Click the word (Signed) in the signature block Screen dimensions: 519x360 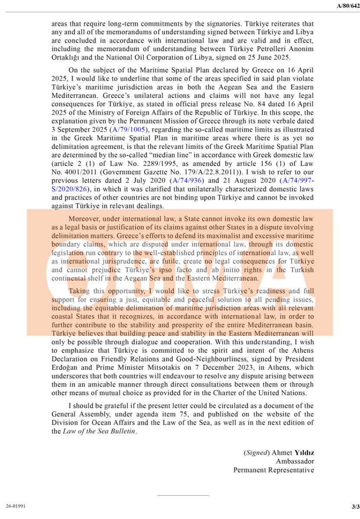click(255, 453)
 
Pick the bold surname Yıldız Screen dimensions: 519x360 click(304, 453)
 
